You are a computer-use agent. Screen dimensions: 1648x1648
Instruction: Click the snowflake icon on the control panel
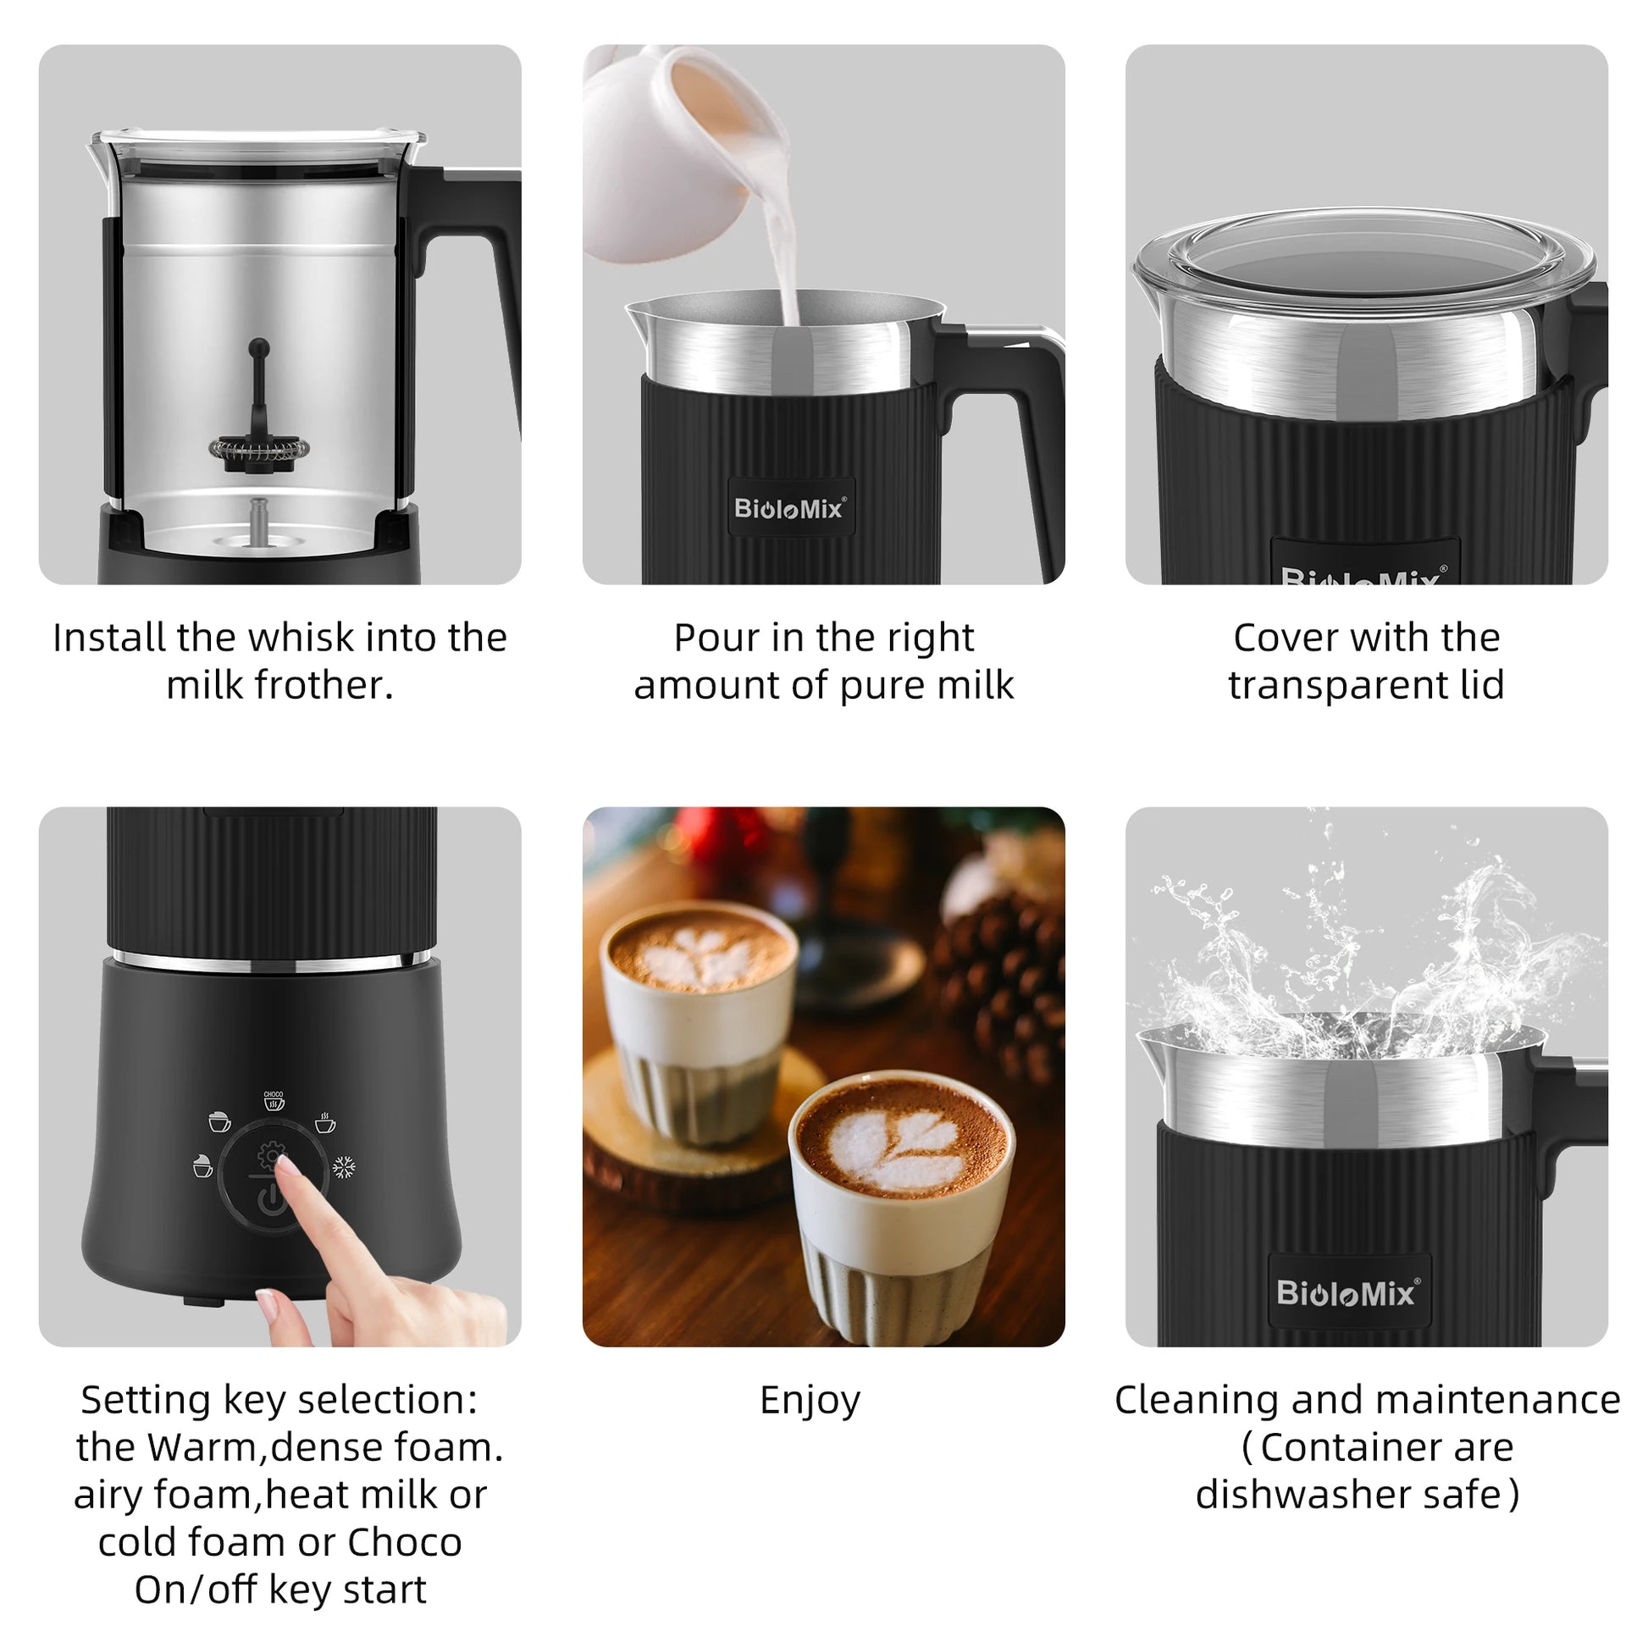pos(344,1167)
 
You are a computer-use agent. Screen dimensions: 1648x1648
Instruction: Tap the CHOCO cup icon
pos(273,1100)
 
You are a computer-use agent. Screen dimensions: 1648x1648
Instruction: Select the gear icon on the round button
pos(271,1156)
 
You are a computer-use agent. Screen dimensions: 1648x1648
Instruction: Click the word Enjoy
pos(810,1401)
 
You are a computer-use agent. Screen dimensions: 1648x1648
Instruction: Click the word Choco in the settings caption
pos(403,1542)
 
